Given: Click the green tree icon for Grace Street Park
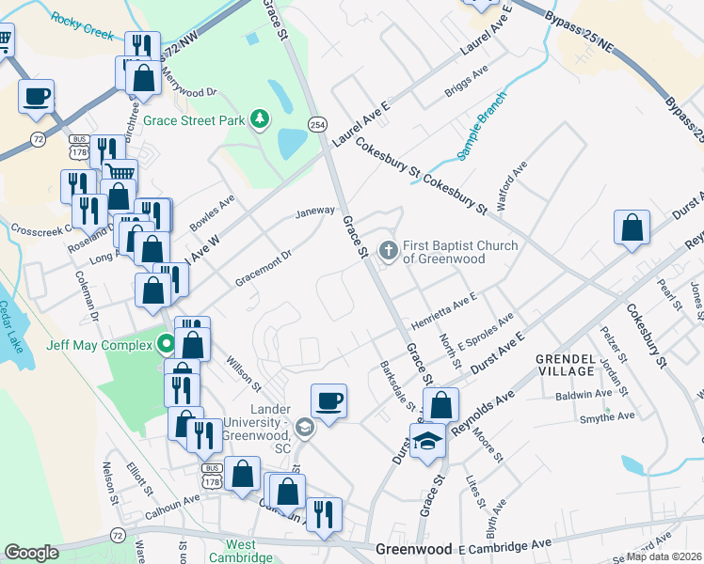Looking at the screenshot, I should click(258, 120).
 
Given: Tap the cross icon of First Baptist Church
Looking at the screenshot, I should click(387, 250).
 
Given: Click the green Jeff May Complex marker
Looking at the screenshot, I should click(166, 344).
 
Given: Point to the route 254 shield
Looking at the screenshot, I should click(318, 124).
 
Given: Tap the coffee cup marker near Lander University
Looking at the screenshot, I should click(328, 401).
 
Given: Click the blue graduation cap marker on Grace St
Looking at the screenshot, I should click(427, 440).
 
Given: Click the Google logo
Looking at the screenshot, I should click(31, 553).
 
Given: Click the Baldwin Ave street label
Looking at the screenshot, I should click(583, 395).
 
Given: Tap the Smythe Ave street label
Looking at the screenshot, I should click(607, 415).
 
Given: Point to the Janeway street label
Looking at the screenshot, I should click(314, 211).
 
